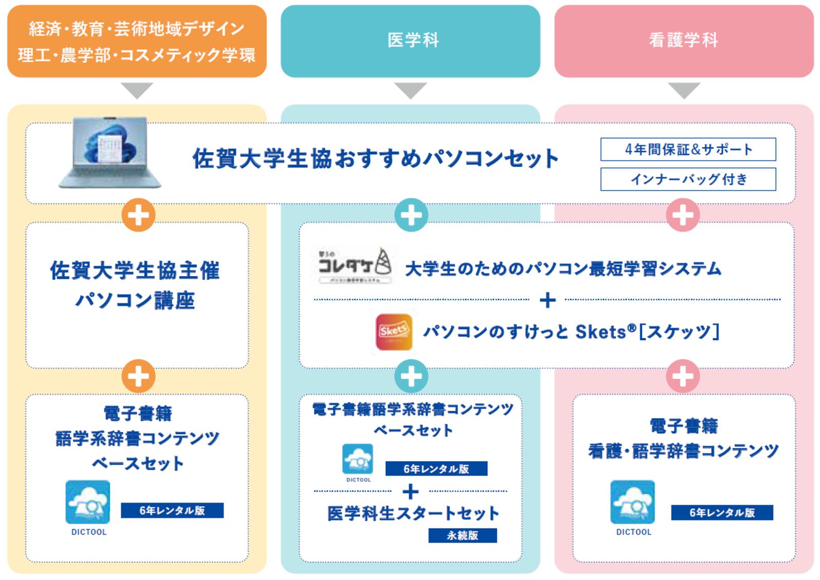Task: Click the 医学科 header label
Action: coord(413,40)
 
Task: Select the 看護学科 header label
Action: coord(684,40)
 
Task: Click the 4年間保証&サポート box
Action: coord(688,149)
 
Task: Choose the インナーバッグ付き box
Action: coord(688,179)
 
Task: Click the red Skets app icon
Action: coord(394,332)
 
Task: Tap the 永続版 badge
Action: coord(462,535)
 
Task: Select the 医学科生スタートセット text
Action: coord(413,513)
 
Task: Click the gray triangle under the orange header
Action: coord(137,90)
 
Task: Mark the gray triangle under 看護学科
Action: coord(684,90)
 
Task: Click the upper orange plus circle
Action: coord(138,215)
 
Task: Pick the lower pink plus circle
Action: coord(683,377)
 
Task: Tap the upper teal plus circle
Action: coord(411,215)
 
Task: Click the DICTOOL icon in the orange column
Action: coord(88,502)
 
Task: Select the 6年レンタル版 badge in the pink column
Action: coord(722,512)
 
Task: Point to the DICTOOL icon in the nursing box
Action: coord(632,502)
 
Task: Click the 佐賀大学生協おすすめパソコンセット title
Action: coord(375,159)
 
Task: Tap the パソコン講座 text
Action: coord(135,301)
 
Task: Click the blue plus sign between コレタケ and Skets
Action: coord(547,300)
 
